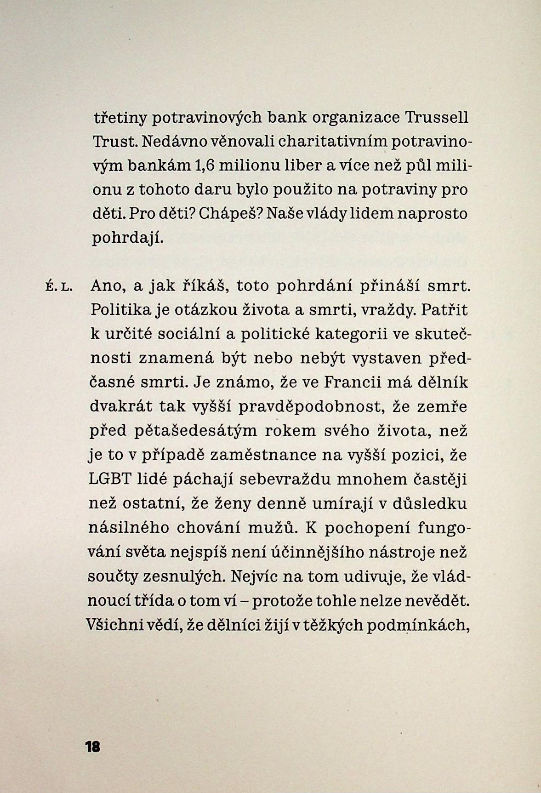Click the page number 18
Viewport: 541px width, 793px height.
pos(92,747)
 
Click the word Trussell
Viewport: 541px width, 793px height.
pos(437,118)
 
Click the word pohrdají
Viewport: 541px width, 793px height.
pos(128,239)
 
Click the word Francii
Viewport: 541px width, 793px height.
pos(351,382)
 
